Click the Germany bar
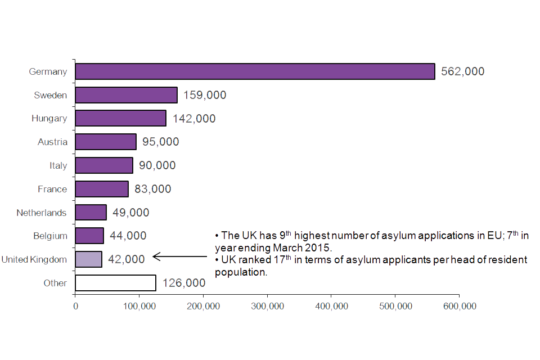pyautogui.click(x=255, y=71)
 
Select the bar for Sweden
pyautogui.click(x=126, y=95)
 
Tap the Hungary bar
pyautogui.click(x=120, y=118)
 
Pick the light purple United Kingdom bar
pyautogui.click(x=88, y=259)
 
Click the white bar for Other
pyautogui.click(x=115, y=282)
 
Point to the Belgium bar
pyautogui.click(x=89, y=236)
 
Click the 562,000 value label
pyautogui.click(x=462, y=71)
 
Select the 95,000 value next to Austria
pyautogui.click(x=161, y=142)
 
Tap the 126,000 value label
pyautogui.click(x=184, y=282)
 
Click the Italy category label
pyautogui.click(x=58, y=165)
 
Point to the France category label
pyautogui.click(x=52, y=189)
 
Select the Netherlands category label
pyautogui.click(x=42, y=213)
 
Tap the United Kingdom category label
pyautogui.click(x=34, y=259)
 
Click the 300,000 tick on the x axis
pyautogui.click(x=267, y=306)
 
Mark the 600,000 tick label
pyautogui.click(x=459, y=306)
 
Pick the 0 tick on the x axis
pyautogui.click(x=75, y=306)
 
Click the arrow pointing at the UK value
pyautogui.click(x=180, y=256)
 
